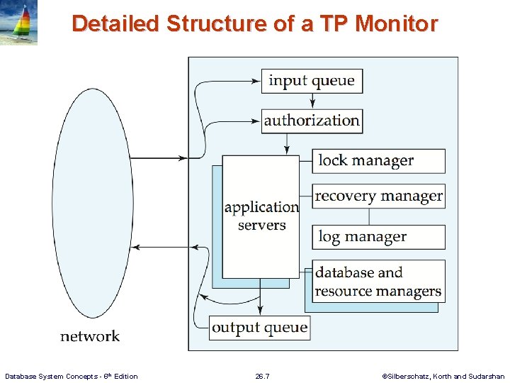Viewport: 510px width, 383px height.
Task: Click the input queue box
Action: pyautogui.click(x=312, y=81)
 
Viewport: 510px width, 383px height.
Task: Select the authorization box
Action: pyautogui.click(x=312, y=121)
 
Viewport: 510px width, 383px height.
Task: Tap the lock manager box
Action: pyautogui.click(x=378, y=161)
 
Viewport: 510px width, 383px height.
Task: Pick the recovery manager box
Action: pyautogui.click(x=378, y=196)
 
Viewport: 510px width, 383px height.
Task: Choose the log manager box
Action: pyautogui.click(x=378, y=237)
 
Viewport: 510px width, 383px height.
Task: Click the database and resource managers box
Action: pyautogui.click(x=378, y=282)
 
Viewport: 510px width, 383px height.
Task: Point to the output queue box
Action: pyautogui.click(x=259, y=328)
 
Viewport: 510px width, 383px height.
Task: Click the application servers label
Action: pyautogui.click(x=261, y=216)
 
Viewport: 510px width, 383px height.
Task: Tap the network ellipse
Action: pyautogui.click(x=93, y=203)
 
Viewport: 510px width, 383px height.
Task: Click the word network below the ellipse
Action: pyautogui.click(x=90, y=336)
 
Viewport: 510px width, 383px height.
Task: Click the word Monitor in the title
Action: pyautogui.click(x=397, y=24)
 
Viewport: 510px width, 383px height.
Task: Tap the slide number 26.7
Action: pyautogui.click(x=262, y=376)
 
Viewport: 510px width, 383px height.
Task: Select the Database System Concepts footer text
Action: pyautogui.click(x=72, y=376)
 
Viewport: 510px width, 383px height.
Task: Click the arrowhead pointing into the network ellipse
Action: pyautogui.click(x=137, y=248)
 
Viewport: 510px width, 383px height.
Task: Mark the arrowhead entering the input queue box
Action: pyautogui.click(x=257, y=81)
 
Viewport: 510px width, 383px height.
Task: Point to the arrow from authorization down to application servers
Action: pyautogui.click(x=287, y=143)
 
